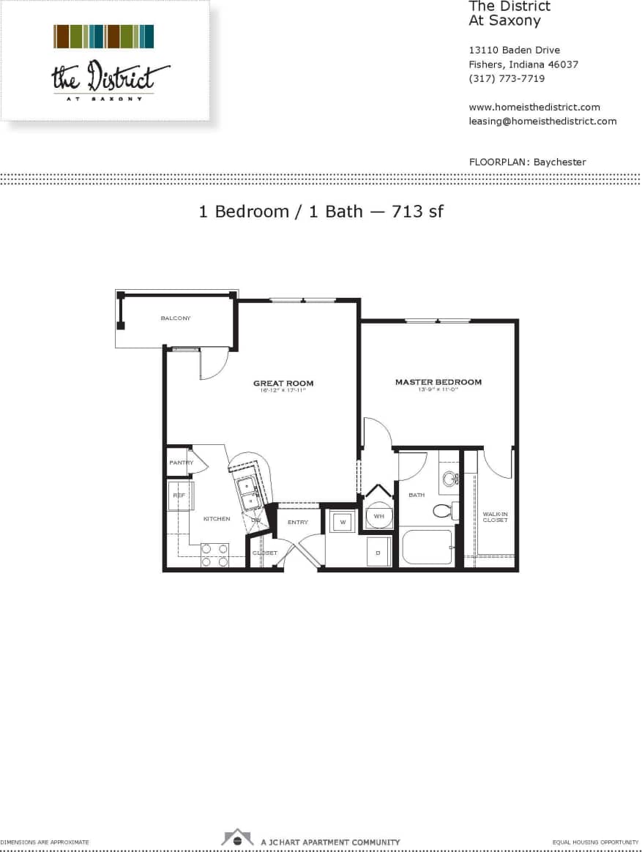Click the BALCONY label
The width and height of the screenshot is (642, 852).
[x=176, y=318]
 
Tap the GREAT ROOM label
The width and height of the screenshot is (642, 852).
[x=283, y=383]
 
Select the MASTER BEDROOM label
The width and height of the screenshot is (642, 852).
[x=438, y=382]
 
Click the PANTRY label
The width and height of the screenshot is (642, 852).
[x=181, y=463]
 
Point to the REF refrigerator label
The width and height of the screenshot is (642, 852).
[x=179, y=496]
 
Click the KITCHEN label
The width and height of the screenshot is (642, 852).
[x=217, y=518]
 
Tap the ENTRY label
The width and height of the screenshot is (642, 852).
[x=298, y=522]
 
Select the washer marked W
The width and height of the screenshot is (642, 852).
[x=342, y=522]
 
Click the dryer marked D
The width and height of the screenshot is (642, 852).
[x=378, y=553]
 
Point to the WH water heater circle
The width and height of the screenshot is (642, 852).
[x=379, y=516]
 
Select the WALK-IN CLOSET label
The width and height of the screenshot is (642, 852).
[x=495, y=517]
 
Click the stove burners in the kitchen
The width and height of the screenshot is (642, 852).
[x=214, y=555]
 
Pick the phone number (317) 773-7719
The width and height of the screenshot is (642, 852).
[x=507, y=78]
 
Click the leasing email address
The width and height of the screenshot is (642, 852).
[x=542, y=121]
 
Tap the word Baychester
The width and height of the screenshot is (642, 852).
[x=560, y=162]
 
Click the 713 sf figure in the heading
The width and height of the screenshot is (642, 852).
[x=417, y=212]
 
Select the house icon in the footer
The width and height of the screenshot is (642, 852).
[x=237, y=837]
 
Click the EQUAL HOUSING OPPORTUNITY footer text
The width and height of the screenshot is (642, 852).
[x=596, y=842]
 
